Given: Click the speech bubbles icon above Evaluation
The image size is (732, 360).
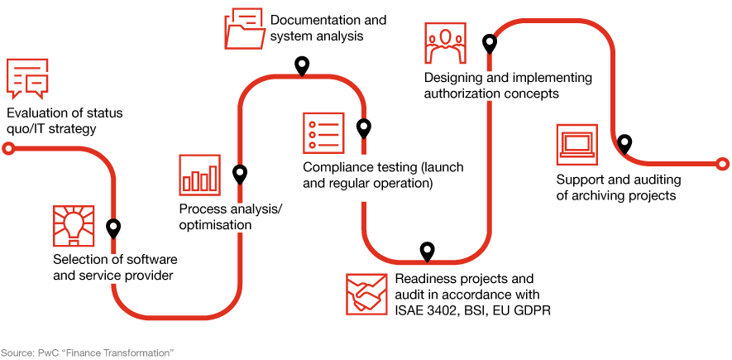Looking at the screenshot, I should [x=26, y=78].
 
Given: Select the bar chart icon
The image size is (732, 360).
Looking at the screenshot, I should [x=199, y=175].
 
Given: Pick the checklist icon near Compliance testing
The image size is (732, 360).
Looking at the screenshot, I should [x=323, y=132].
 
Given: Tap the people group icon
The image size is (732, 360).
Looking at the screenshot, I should [x=445, y=44].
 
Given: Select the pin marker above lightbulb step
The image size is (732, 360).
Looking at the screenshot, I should [x=113, y=228].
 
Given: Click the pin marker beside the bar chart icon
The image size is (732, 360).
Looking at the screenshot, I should [x=240, y=174].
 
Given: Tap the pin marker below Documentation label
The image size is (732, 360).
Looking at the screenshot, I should [x=302, y=65].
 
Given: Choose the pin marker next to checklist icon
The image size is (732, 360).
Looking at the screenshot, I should [x=363, y=128].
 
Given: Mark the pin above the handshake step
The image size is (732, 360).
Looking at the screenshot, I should [x=427, y=251].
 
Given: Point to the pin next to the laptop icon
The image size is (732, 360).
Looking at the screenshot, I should [x=624, y=143].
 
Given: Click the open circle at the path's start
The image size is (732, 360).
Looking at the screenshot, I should [x=8, y=149].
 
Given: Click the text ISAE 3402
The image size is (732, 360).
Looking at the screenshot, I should [x=423, y=310].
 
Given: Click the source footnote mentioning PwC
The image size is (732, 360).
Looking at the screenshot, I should [x=87, y=353].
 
